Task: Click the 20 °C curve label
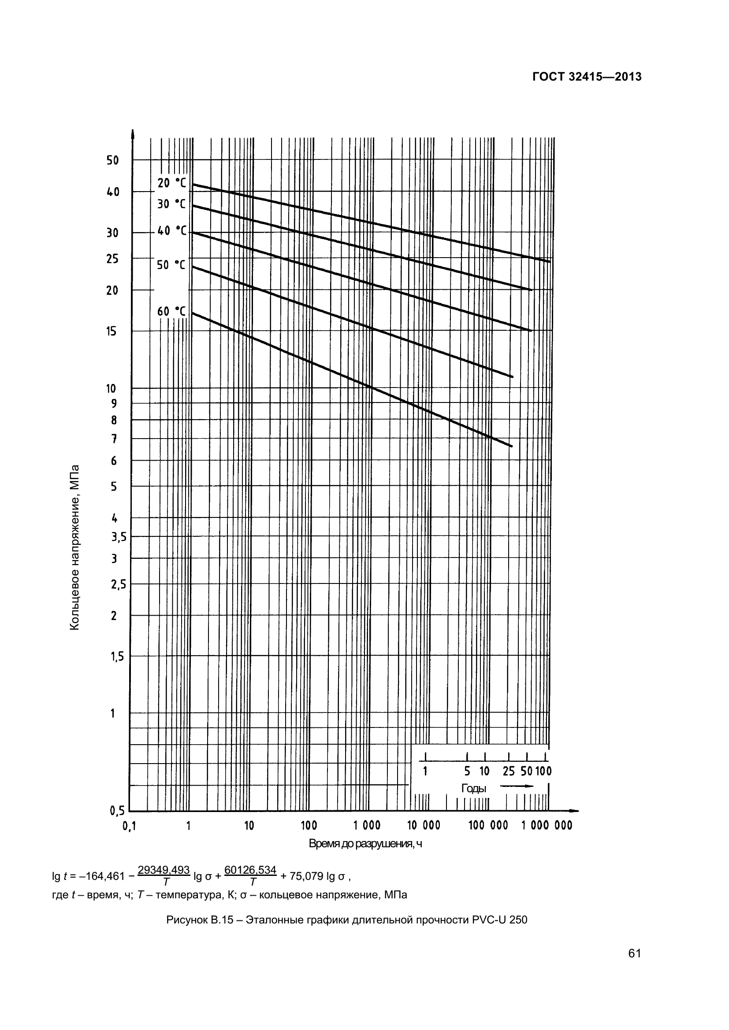coord(171,183)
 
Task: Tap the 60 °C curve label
coord(171,311)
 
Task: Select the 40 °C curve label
coord(171,231)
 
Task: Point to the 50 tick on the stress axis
coord(113,160)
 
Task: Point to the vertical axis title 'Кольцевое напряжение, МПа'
coord(74,547)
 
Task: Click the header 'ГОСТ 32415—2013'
coord(587,77)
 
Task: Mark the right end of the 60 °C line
coord(512,446)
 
